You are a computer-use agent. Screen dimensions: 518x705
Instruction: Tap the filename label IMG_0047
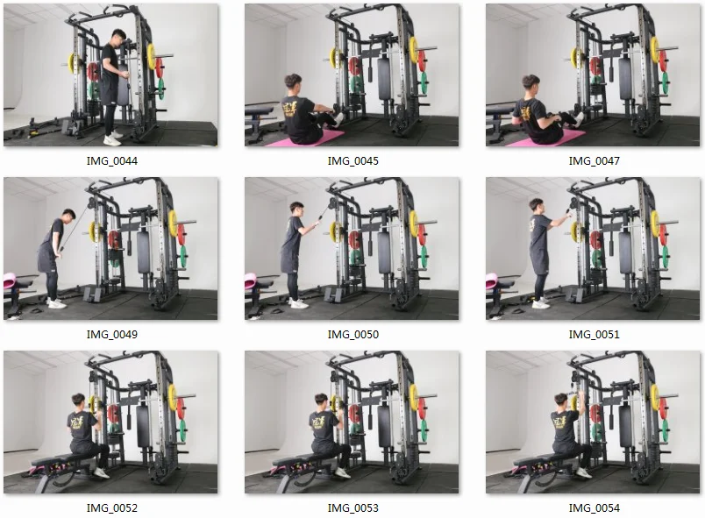(594, 161)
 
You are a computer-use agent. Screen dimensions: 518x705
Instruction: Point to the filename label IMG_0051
(594, 334)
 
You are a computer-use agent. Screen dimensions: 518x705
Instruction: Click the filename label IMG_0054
(594, 507)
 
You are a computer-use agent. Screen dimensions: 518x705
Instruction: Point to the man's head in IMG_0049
(68, 214)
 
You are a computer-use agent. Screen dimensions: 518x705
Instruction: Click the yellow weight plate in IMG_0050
(414, 224)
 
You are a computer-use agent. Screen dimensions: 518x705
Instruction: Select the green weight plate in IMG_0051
(665, 256)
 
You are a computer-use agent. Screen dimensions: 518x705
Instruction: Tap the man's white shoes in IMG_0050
(299, 304)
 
